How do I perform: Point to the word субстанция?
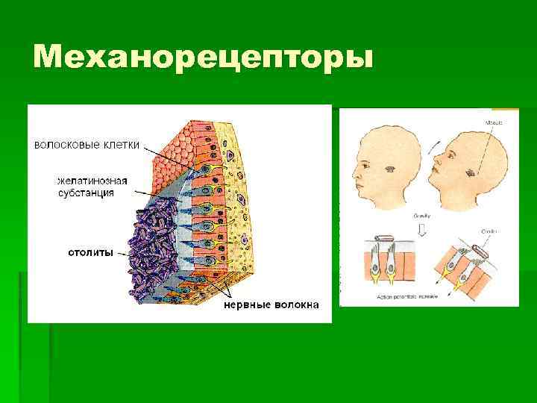[87, 193]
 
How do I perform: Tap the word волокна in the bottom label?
[295, 304]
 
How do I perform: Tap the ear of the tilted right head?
[471, 173]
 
